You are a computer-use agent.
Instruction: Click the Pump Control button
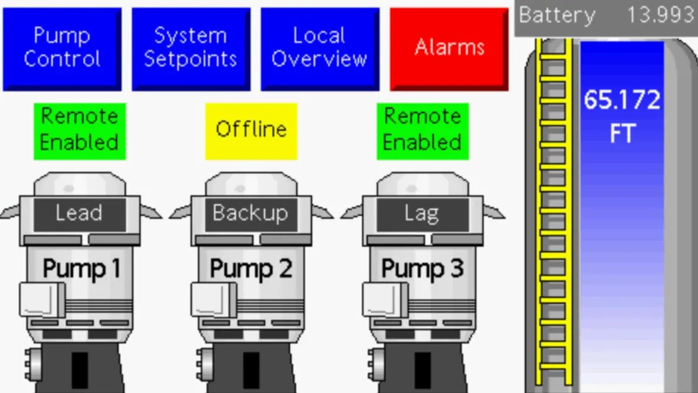coord(62,48)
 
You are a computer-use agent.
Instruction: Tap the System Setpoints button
coord(191,48)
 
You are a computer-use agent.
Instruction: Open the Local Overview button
coord(320,48)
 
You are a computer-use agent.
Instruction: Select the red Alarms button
coord(449,48)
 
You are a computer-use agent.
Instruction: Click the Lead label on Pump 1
coord(79,214)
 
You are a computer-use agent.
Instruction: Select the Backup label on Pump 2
coord(250,214)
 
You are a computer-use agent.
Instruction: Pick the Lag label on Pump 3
coord(422,214)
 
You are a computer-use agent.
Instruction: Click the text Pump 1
coord(82,269)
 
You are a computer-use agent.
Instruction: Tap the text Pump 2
coord(251,269)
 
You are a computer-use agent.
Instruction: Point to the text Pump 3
coord(422,269)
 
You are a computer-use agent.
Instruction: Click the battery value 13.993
coord(660,15)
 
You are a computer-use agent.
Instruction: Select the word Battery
coord(557,15)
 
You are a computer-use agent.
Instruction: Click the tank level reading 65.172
coord(622,101)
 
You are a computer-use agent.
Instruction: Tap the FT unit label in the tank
coord(622,134)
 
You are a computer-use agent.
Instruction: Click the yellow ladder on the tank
coord(553,211)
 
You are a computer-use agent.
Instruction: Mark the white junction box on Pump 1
coord(42,300)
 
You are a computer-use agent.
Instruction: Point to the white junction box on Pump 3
coord(385,300)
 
